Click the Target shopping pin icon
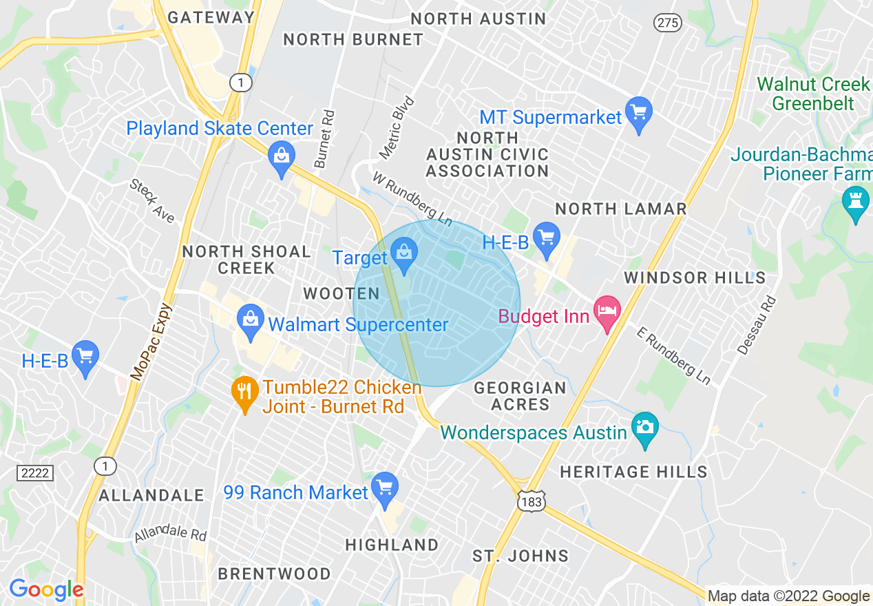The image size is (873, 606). coord(404,253)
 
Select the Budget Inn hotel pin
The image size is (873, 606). coord(607,311)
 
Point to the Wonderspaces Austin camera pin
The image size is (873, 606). coord(644,428)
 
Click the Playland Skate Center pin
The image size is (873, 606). coord(281,156)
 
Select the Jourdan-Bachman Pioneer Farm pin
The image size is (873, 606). coord(856,202)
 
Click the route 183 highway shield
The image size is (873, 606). coord(532,502)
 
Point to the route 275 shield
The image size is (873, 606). coord(668,23)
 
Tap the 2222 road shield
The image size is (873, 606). coord(34,472)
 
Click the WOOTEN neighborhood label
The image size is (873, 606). coord(341,294)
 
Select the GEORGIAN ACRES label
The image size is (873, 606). coord(520,396)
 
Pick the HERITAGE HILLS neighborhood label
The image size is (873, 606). coord(633,472)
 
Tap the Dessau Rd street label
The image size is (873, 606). coord(757,326)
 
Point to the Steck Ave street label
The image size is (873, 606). coord(152,201)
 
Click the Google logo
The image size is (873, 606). coord(46,589)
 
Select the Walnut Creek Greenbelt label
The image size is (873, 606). coord(813,94)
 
